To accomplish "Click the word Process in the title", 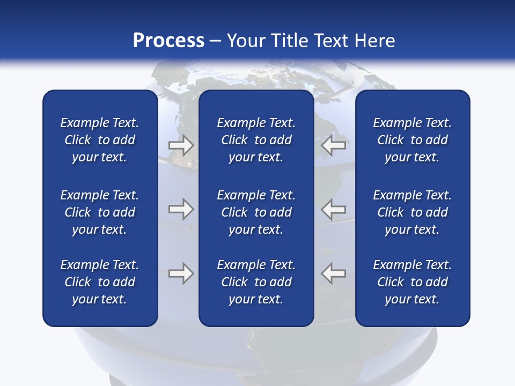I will [168, 41].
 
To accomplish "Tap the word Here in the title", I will [373, 41].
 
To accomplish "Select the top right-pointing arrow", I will [181, 145].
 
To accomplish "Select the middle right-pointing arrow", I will [181, 209].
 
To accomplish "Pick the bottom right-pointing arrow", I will [181, 273].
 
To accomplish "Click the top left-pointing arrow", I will [333, 145].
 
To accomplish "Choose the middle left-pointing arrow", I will [333, 209].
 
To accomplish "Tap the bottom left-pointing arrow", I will [333, 273].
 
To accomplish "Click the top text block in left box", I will [100, 140].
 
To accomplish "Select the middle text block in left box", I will [100, 212].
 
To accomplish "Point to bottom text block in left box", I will [100, 282].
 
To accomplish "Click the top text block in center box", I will [256, 140].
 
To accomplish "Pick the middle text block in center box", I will [256, 212].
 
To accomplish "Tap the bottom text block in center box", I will [256, 282].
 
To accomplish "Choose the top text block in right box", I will [412, 140].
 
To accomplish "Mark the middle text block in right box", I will [412, 212].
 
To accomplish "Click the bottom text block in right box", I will [412, 282].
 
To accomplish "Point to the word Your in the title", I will [246, 41].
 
